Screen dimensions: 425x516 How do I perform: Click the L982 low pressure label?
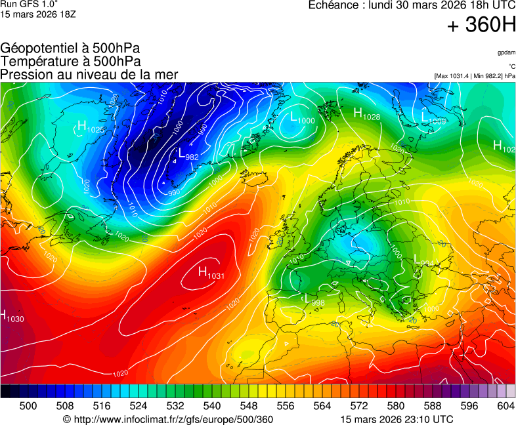tap(188, 155)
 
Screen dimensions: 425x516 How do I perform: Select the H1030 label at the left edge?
tap(12, 317)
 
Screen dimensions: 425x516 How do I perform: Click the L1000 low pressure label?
tap(302, 118)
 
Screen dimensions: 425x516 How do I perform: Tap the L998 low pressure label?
tap(314, 300)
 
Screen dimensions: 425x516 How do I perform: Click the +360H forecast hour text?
tap(481, 26)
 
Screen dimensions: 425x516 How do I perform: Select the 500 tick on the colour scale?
tap(28, 406)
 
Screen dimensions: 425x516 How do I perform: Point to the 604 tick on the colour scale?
tap(505, 406)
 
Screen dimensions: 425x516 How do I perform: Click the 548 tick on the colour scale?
tap(249, 406)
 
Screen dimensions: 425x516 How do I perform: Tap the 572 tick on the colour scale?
tap(358, 406)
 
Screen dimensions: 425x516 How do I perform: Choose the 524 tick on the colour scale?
tap(138, 406)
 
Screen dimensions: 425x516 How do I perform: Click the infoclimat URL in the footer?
tap(173, 419)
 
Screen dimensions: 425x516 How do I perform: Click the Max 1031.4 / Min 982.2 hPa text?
tap(474, 76)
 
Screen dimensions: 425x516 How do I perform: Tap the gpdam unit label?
tap(505, 52)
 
